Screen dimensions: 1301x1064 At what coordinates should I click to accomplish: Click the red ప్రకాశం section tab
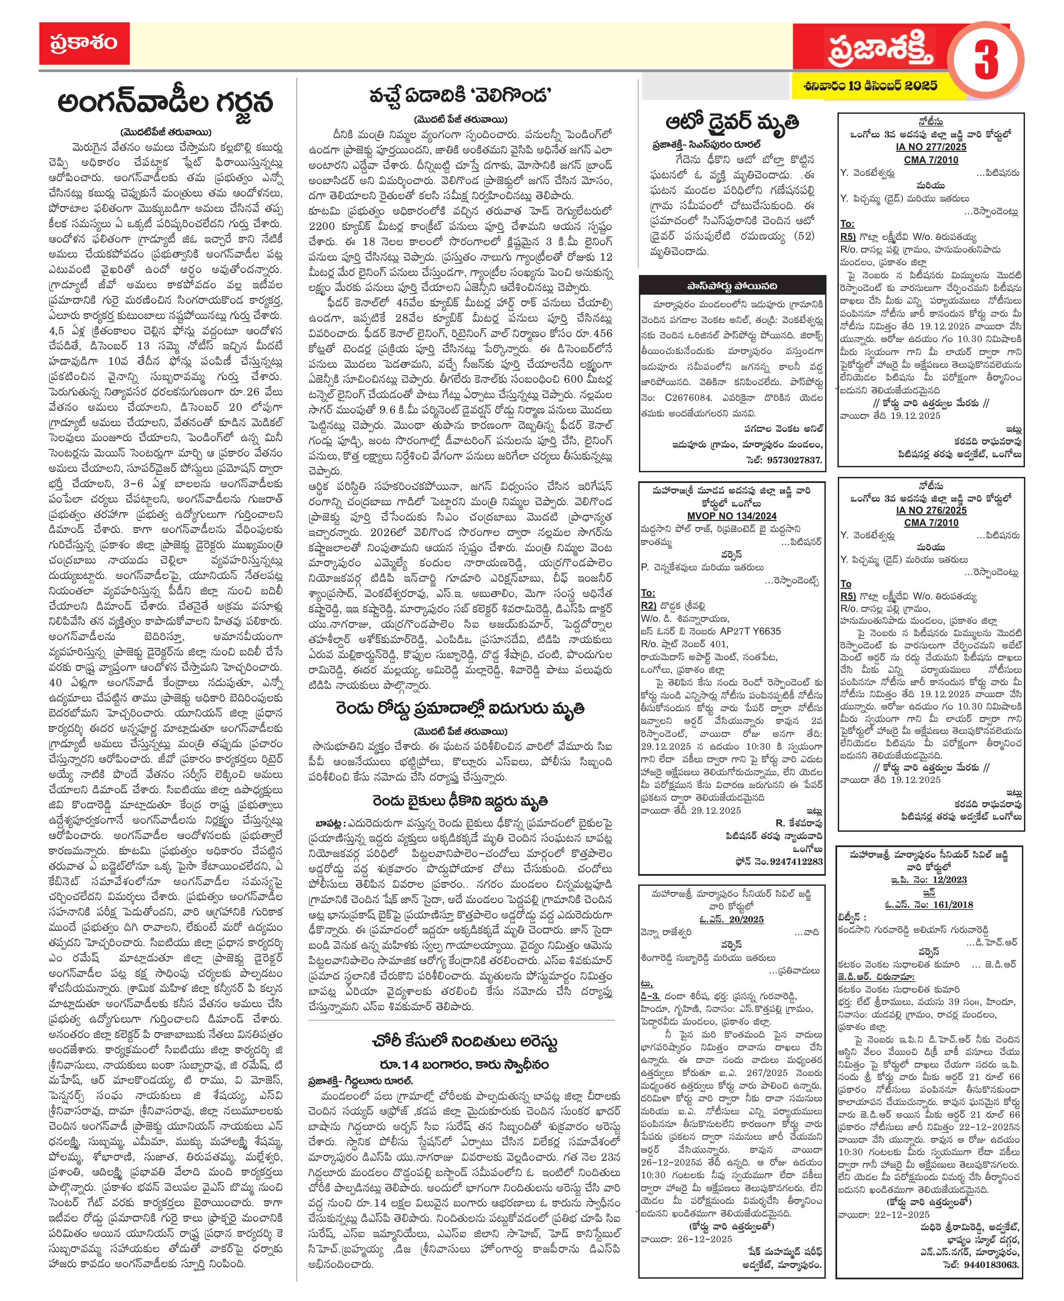pos(84,43)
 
